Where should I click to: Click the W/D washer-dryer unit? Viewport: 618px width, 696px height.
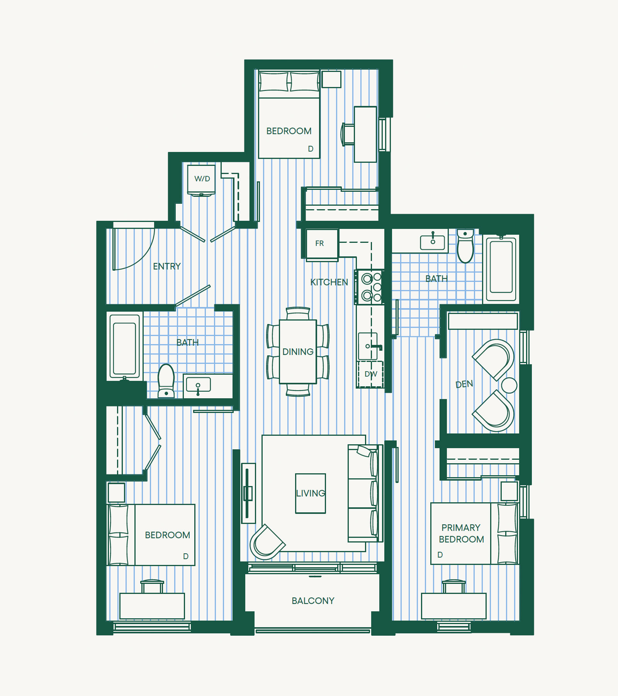pos(201,180)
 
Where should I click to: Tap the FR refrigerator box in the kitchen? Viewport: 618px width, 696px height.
pos(322,244)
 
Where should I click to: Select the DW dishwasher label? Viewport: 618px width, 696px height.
pos(371,374)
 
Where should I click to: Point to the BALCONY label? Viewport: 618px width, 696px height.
pos(313,601)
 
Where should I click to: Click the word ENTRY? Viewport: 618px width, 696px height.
pos(167,266)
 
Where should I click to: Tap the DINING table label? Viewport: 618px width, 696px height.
pos(298,352)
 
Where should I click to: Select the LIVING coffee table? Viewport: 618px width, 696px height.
pos(311,493)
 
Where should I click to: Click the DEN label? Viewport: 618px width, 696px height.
pos(464,384)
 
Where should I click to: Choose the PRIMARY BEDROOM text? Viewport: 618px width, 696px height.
pos(461,534)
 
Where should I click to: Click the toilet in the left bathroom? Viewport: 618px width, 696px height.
pos(166,381)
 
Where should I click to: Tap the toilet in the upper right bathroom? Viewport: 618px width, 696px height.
pos(465,246)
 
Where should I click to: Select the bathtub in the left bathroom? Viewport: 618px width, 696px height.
pos(124,346)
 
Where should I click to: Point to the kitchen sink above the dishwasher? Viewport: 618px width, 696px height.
pos(368,346)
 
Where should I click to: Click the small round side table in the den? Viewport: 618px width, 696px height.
pos(509,385)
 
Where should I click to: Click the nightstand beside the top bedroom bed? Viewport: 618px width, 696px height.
pos(331,80)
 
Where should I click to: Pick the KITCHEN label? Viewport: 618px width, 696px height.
pos(329,282)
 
